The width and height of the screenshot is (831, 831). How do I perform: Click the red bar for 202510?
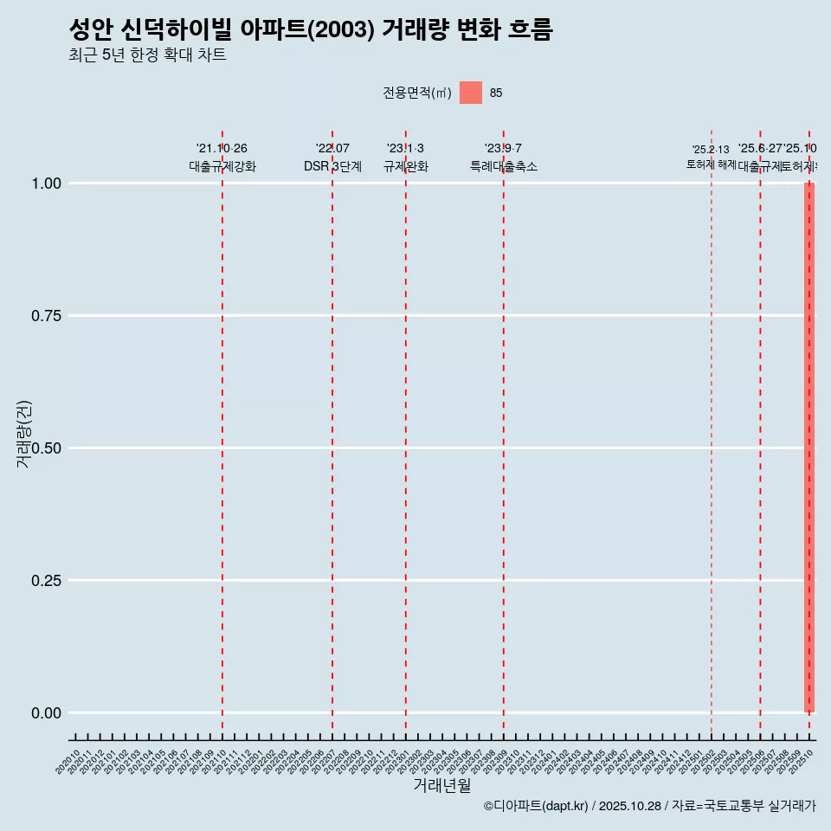809,448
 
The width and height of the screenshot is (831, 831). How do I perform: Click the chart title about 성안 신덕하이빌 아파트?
310,29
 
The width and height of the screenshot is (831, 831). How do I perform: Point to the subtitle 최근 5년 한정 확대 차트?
147,55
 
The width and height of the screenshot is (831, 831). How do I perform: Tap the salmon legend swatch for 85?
471,93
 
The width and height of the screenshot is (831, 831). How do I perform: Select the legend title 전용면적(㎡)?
416,93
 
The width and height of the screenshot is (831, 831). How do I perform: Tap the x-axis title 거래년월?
441,786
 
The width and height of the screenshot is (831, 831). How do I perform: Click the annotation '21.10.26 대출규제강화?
222,158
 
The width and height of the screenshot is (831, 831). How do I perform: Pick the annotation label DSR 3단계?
332,166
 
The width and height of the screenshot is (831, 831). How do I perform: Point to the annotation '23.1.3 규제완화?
405,158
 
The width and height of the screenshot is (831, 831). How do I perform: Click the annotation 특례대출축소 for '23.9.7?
503,166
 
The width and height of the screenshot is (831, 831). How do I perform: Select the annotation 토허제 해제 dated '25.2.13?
711,157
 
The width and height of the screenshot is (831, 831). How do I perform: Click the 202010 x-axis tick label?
68,762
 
